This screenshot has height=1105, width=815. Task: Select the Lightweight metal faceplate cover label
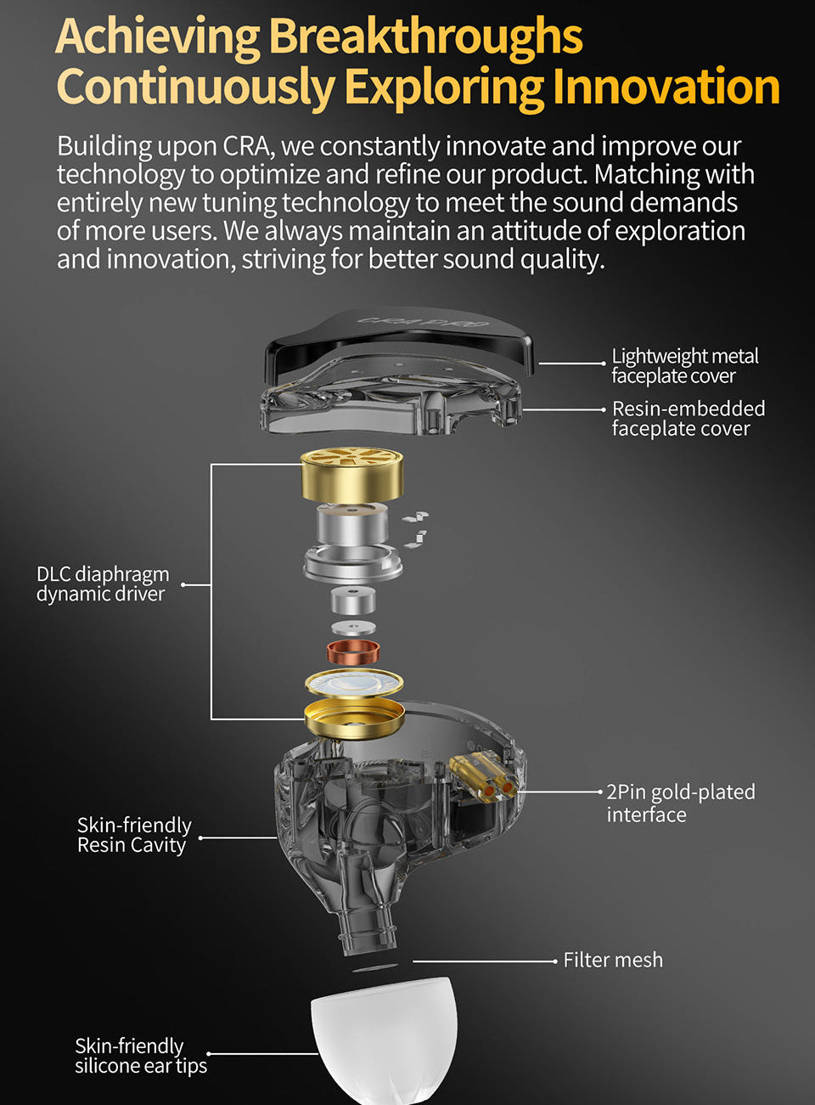point(685,366)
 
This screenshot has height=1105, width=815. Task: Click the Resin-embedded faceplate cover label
point(689,419)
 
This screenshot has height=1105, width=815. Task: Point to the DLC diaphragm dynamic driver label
point(103,584)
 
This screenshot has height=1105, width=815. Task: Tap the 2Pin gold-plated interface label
point(681,803)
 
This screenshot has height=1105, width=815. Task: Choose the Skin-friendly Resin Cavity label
point(134,836)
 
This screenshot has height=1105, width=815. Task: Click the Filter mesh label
point(613,961)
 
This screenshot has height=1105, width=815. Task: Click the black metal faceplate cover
point(398,339)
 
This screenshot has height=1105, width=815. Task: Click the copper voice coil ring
point(353,651)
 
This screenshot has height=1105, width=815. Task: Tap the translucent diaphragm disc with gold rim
point(354,684)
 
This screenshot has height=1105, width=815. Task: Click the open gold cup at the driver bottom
point(355,718)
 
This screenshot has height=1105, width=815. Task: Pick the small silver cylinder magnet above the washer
point(353,600)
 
